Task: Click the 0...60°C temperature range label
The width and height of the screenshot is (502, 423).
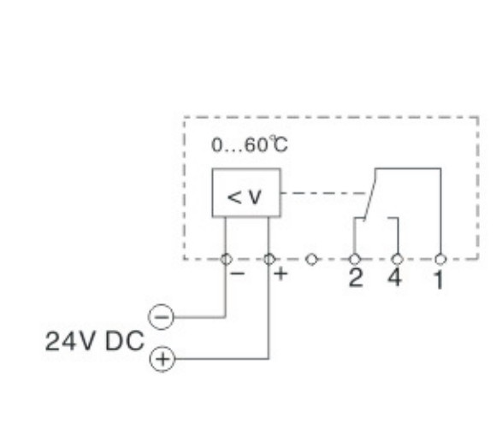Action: click(x=250, y=144)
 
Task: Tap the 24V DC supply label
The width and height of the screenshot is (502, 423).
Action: click(x=94, y=341)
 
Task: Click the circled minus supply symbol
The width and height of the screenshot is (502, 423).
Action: click(x=161, y=317)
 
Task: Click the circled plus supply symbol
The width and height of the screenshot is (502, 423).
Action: click(x=162, y=359)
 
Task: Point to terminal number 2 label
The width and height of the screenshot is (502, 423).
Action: click(x=356, y=278)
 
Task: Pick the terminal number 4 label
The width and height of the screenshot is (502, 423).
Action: click(x=394, y=277)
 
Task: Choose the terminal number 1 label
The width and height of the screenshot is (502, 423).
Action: click(x=440, y=279)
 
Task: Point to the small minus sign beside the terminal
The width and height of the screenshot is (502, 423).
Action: click(x=238, y=273)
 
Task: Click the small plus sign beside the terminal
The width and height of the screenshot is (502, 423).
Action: click(x=281, y=274)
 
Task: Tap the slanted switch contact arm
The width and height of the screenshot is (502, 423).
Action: click(x=370, y=195)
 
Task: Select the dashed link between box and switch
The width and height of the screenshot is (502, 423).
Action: click(x=323, y=193)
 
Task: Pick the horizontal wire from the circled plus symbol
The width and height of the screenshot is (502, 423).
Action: click(x=221, y=359)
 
